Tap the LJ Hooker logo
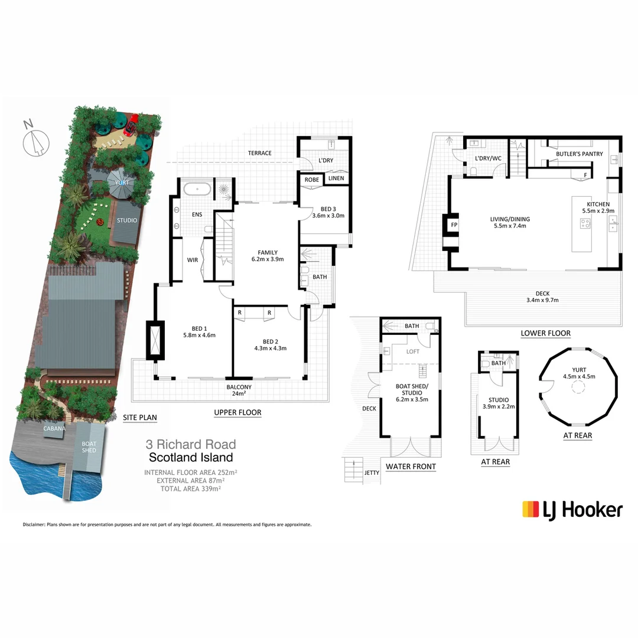572,509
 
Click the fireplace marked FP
454,225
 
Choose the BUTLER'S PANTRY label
579,154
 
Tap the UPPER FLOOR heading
237,412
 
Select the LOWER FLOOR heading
545,333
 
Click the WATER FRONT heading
411,467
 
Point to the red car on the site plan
132,123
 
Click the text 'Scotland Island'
191,457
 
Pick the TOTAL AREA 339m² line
191,489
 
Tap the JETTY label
371,473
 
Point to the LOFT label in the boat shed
412,351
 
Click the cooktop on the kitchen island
585,223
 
